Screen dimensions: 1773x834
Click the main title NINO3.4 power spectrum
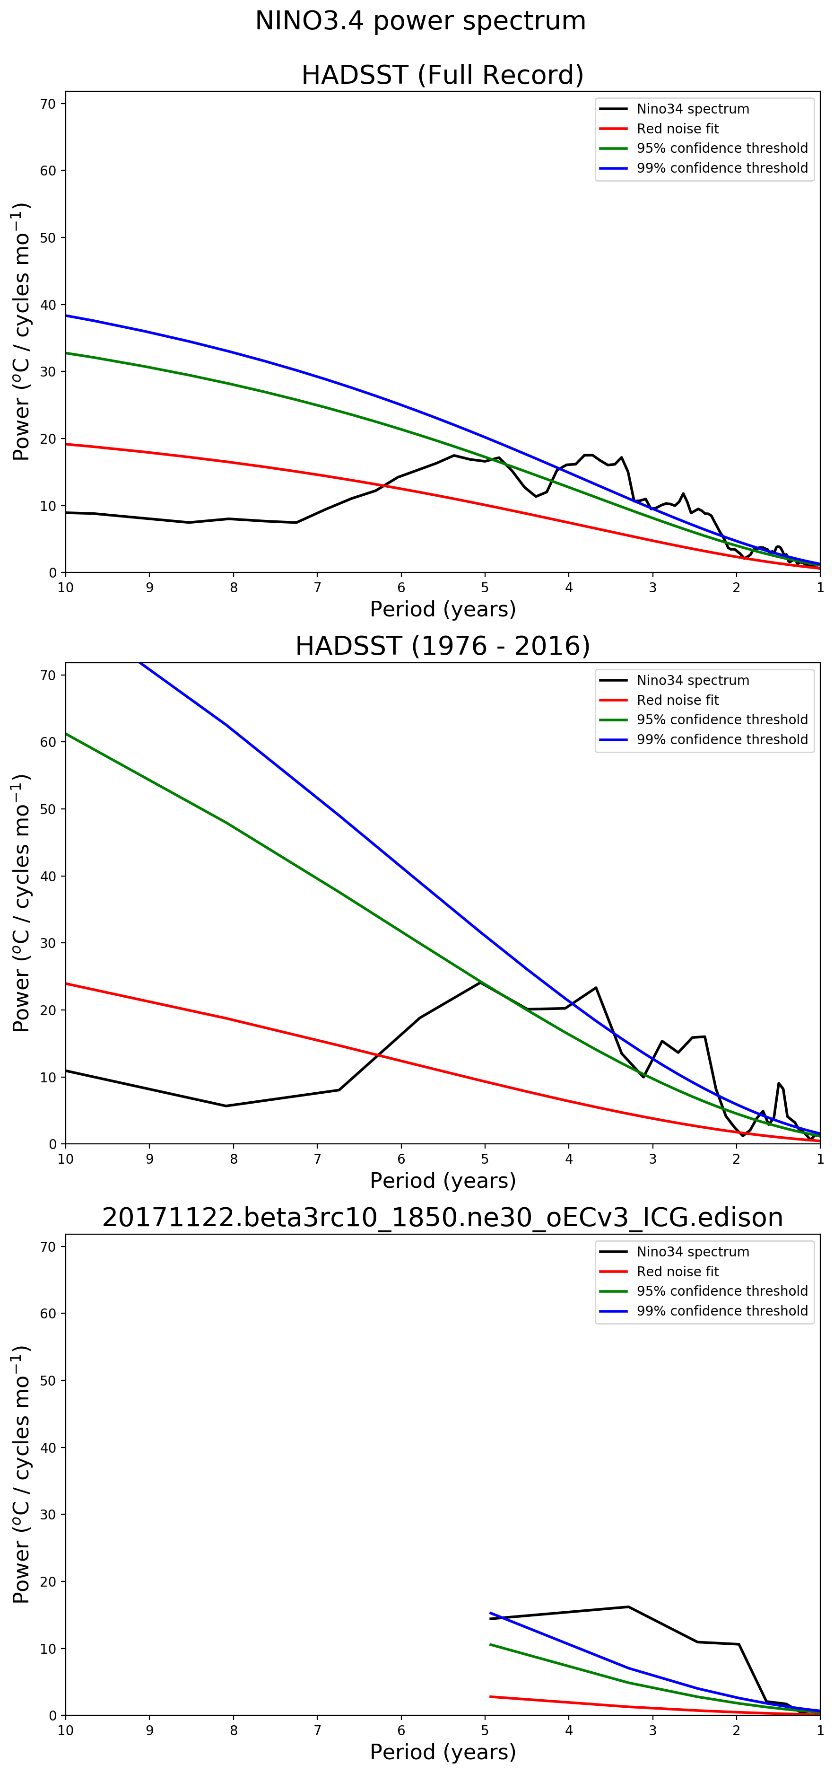tap(420, 21)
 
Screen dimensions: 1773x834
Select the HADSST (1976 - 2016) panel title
tap(443, 646)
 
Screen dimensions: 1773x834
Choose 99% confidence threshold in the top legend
tap(722, 168)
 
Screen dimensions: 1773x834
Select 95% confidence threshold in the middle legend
tap(722, 719)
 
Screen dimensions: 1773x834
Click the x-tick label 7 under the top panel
tap(317, 588)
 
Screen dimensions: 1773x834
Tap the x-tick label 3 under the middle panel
tap(652, 1159)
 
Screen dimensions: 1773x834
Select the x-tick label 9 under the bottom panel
tap(149, 1730)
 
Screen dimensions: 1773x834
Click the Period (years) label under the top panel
tap(443, 609)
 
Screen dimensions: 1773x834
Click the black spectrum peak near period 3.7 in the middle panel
tap(596, 988)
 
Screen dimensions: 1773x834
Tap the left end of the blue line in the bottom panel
tap(490, 1613)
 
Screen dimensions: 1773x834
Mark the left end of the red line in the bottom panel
tap(490, 1696)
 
